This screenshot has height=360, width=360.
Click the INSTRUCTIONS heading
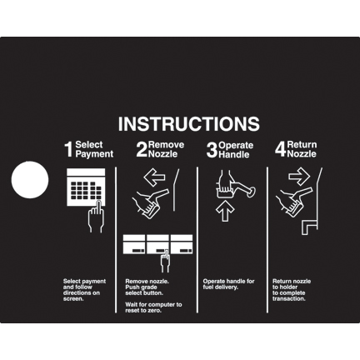[189, 123]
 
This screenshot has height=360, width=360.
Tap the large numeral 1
[69, 149]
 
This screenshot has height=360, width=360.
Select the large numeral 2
[142, 149]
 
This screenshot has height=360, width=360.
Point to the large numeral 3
[212, 150]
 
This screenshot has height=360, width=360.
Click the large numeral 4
[281, 149]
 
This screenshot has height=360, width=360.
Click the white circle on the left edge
[30, 180]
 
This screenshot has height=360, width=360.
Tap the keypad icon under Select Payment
[86, 187]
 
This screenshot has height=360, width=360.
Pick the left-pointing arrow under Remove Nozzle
[154, 177]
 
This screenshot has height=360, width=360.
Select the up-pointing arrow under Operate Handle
[225, 211]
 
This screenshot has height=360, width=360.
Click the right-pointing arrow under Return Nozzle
[299, 177]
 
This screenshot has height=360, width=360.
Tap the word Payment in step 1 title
[94, 154]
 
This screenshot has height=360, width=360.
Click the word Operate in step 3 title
[236, 145]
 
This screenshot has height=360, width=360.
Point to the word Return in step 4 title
[302, 145]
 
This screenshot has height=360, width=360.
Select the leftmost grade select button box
[134, 244]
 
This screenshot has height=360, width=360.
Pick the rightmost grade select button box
[182, 244]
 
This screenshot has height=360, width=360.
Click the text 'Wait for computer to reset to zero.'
[153, 307]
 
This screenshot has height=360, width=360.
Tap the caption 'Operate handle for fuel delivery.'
[228, 284]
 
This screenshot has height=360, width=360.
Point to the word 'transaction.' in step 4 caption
[289, 299]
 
